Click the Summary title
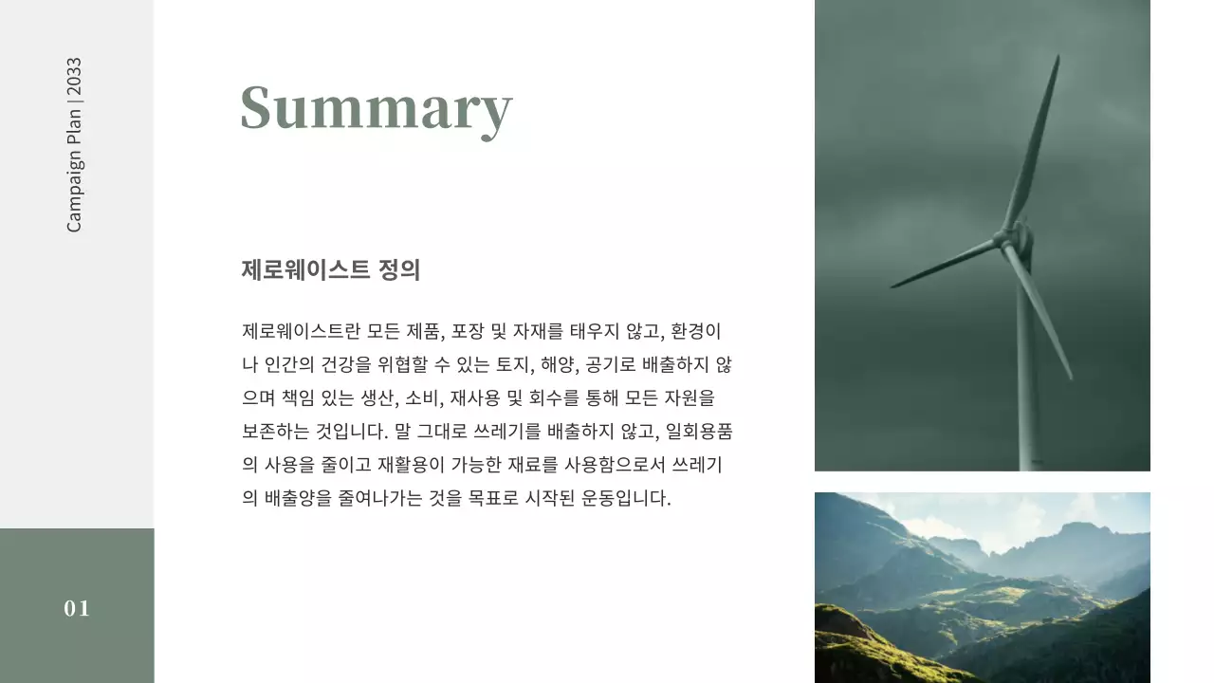click(x=377, y=108)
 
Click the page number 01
click(x=77, y=608)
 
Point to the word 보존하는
click(x=275, y=432)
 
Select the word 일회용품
click(x=699, y=432)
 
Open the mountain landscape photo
click(x=982, y=587)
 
